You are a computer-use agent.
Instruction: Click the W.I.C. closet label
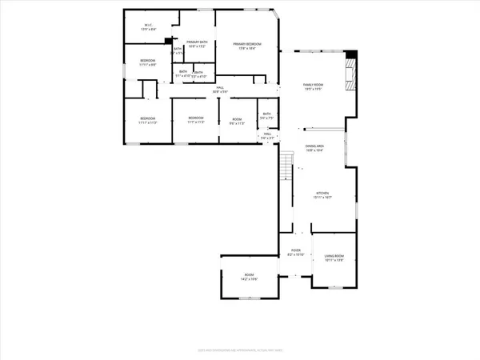click(x=149, y=26)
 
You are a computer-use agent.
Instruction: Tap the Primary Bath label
click(x=197, y=44)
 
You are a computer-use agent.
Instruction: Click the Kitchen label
click(x=323, y=195)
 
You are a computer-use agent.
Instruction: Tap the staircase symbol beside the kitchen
click(x=285, y=169)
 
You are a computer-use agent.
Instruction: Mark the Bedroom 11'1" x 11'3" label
click(x=197, y=122)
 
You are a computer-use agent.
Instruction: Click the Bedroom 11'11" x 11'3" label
click(x=148, y=122)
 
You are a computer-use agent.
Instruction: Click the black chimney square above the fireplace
click(x=350, y=54)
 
